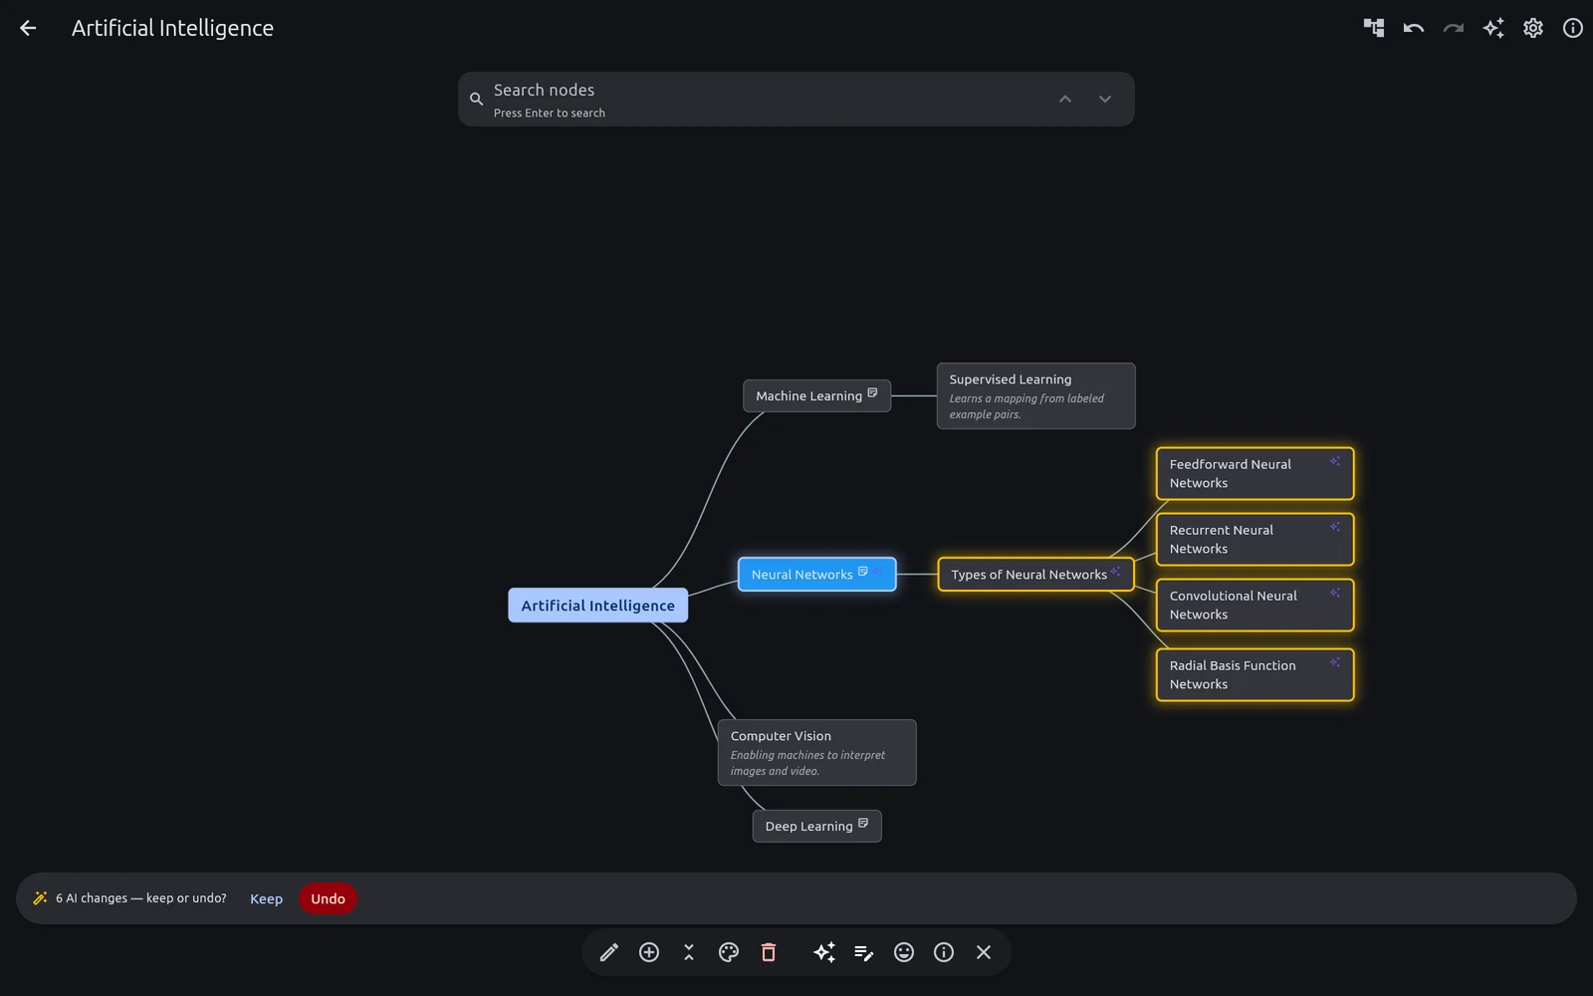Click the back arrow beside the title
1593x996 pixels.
[28, 28]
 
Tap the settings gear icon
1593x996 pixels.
[1532, 28]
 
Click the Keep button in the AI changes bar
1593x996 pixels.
[266, 898]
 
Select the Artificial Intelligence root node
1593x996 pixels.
[597, 606]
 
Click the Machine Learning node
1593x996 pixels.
[816, 395]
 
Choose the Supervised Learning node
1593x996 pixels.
[1035, 396]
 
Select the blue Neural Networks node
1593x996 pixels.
[816, 574]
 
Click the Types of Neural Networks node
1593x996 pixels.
[1035, 574]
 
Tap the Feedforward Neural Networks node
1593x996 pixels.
[1254, 473]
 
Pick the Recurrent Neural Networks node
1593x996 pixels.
[1254, 539]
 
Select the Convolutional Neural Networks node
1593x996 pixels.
[1254, 605]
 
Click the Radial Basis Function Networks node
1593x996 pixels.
[1254, 674]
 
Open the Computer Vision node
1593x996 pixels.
[816, 753]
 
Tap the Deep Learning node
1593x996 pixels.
[816, 826]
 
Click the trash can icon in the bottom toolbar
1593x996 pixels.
[768, 952]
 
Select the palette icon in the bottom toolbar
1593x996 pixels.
[728, 952]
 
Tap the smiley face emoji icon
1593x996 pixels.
[903, 952]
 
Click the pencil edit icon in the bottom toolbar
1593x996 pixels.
[608, 952]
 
